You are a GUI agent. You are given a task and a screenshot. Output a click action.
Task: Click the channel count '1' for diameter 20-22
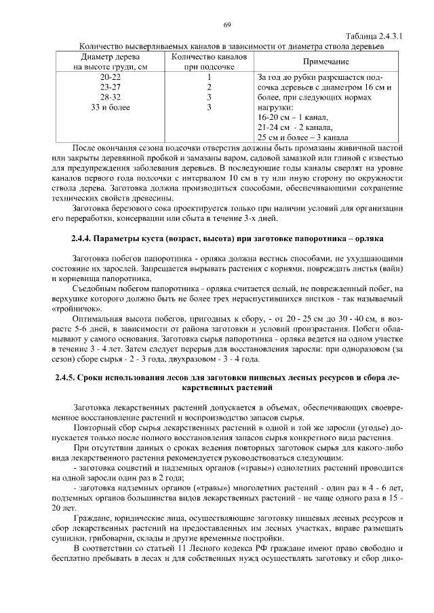pyautogui.click(x=210, y=77)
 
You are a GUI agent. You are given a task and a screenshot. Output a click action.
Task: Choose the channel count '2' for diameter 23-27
pyautogui.click(x=210, y=87)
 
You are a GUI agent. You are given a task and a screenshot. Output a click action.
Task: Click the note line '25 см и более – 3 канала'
pyautogui.click(x=303, y=137)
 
